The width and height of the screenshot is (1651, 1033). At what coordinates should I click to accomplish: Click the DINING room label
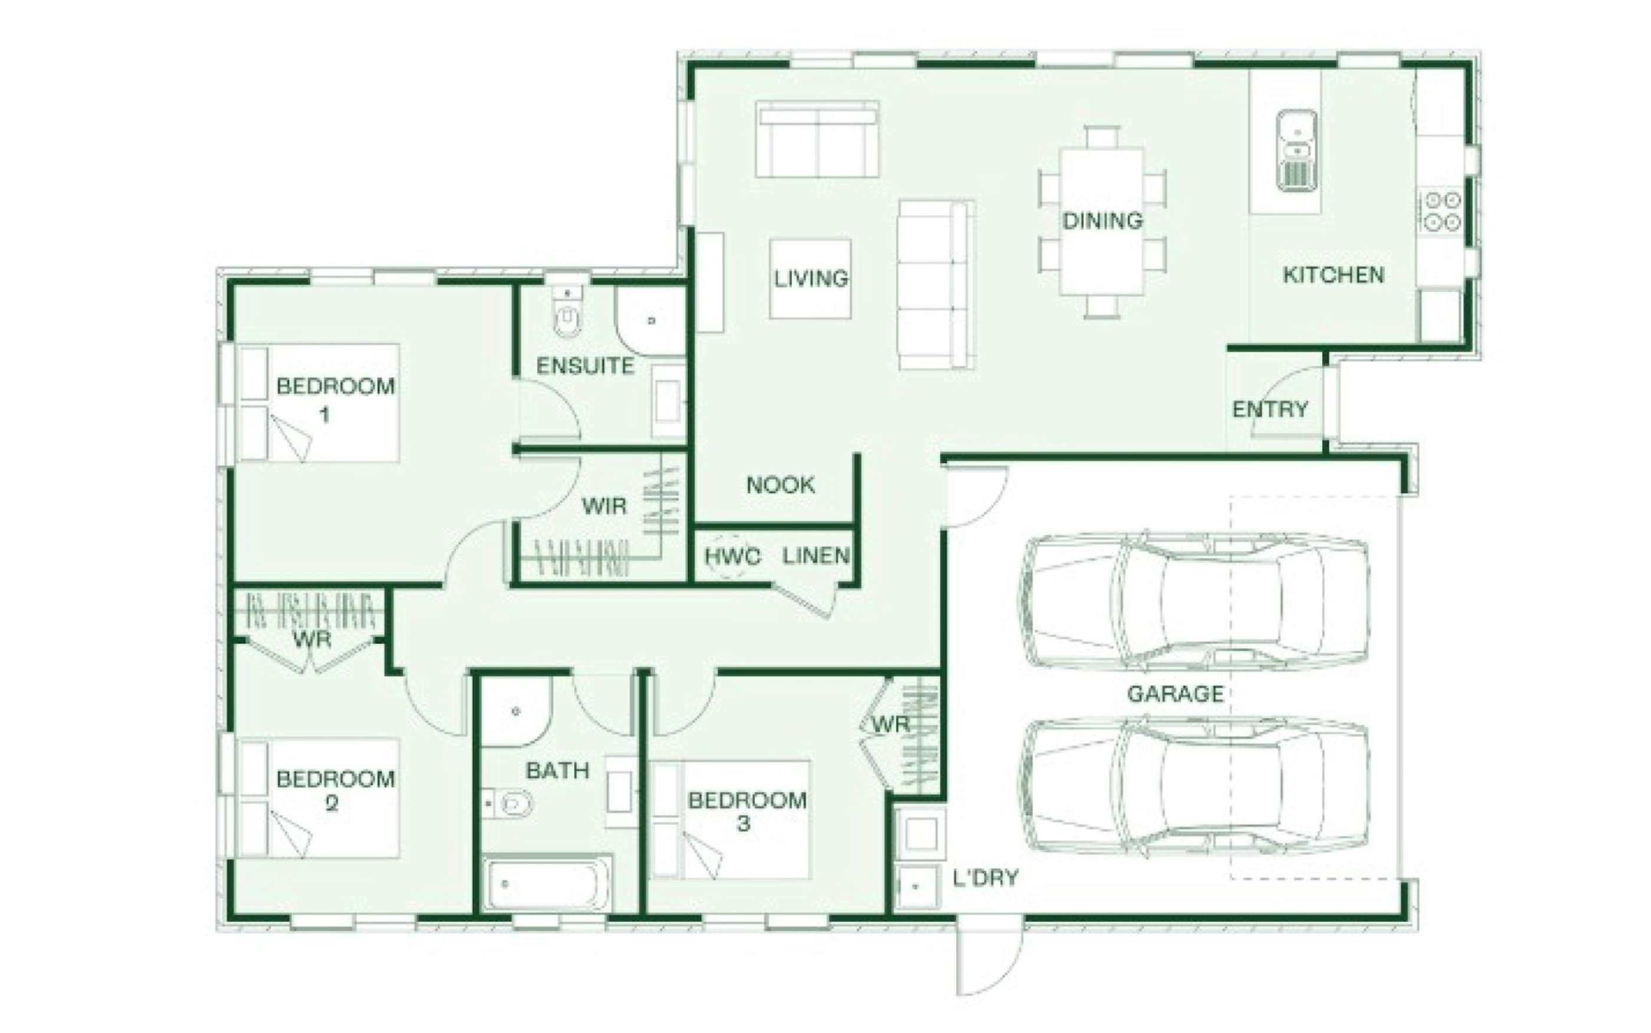[x=1103, y=221]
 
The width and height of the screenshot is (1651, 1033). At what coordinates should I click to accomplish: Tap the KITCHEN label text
[x=1333, y=275]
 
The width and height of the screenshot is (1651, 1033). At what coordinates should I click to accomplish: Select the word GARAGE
[x=1175, y=694]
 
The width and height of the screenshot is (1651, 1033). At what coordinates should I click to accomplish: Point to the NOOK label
[x=780, y=485]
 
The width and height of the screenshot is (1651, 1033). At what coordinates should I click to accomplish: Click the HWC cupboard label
[x=732, y=557]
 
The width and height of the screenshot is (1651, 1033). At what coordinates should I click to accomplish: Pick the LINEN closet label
[x=815, y=556]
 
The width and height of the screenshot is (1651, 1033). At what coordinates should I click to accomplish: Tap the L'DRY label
[x=986, y=878]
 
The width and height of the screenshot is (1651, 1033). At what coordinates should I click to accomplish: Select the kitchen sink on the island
[x=1297, y=150]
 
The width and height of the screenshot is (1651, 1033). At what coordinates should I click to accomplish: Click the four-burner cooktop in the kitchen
[x=1442, y=211]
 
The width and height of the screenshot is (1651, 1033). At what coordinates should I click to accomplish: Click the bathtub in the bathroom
[x=547, y=883]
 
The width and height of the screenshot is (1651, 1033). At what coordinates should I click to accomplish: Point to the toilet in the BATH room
[x=507, y=804]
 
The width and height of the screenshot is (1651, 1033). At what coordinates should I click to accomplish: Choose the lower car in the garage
[x=1194, y=787]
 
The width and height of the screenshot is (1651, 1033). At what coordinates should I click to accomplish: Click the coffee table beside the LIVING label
[x=810, y=279]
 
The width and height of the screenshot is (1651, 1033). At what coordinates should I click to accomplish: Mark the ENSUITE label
[x=585, y=366]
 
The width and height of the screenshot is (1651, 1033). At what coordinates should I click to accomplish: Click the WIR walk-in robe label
[x=604, y=506]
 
